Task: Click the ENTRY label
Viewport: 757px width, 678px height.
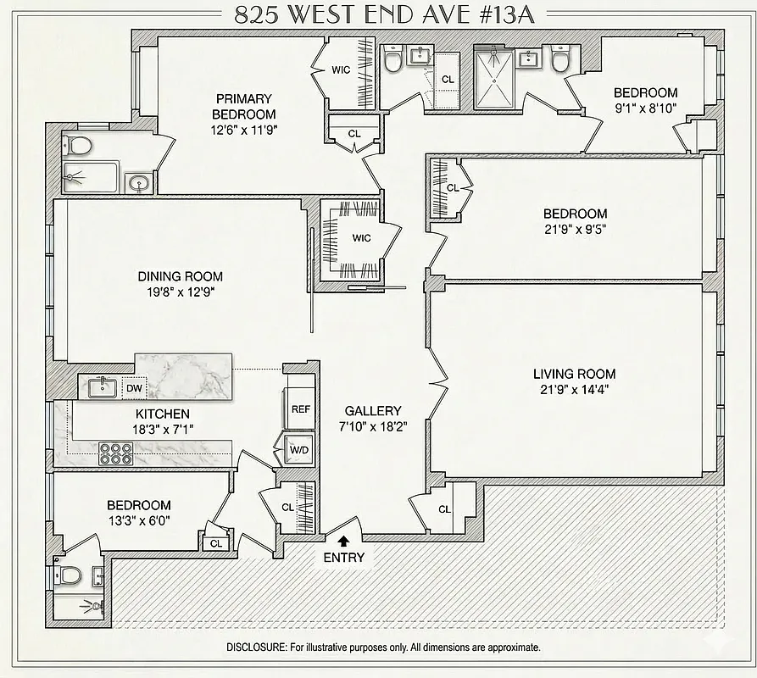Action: (343, 558)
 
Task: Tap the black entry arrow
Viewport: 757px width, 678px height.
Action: (343, 539)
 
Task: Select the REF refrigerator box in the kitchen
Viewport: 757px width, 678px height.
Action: (300, 408)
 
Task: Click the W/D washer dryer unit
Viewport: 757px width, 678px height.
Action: (298, 449)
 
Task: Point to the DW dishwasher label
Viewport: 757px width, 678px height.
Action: (134, 388)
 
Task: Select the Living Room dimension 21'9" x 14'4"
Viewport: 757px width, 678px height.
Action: (574, 390)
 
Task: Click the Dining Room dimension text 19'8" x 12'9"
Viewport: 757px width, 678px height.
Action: (180, 292)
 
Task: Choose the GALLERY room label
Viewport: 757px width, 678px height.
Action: (372, 411)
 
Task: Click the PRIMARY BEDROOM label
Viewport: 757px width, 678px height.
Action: (244, 106)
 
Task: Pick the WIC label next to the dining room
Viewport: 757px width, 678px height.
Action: (361, 238)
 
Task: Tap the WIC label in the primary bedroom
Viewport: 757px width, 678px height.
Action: (342, 69)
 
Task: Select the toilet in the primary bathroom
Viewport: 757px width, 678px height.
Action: (80, 145)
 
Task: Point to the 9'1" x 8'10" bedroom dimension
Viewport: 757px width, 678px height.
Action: (646, 108)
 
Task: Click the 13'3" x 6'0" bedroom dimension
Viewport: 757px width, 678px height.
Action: (138, 520)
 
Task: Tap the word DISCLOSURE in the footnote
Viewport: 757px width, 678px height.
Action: (257, 647)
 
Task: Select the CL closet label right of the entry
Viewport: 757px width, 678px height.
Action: (445, 509)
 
